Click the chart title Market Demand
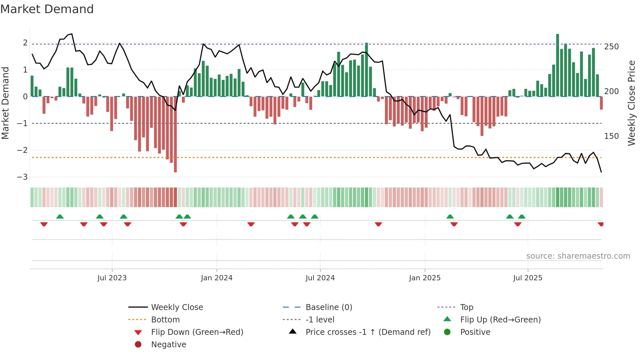click(x=47, y=9)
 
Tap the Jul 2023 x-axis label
click(x=112, y=278)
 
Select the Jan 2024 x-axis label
click(x=216, y=278)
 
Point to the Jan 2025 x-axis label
click(x=424, y=278)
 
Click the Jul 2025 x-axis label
click(x=527, y=278)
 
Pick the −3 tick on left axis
click(x=23, y=177)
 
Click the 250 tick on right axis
click(x=611, y=47)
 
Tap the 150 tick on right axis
click(x=611, y=136)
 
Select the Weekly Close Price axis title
click(x=632, y=103)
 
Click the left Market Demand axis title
click(x=6, y=103)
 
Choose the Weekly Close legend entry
click(x=177, y=307)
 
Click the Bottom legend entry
click(x=165, y=320)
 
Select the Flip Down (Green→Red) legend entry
click(x=197, y=332)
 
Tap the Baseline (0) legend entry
click(x=328, y=307)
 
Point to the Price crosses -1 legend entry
click(x=368, y=332)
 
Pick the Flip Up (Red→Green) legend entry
click(x=500, y=320)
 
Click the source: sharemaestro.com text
click(x=578, y=256)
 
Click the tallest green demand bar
click(x=557, y=65)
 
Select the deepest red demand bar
click(x=175, y=134)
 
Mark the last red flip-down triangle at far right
click(x=600, y=224)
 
